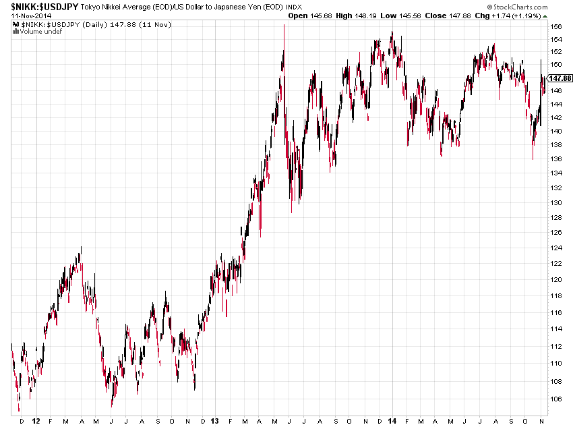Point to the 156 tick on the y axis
(555, 26)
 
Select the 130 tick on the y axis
(555, 202)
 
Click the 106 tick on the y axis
(555, 399)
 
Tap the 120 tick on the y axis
(555, 280)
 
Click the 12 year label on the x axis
(35, 420)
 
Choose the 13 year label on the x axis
(214, 420)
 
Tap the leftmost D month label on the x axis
(22, 420)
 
